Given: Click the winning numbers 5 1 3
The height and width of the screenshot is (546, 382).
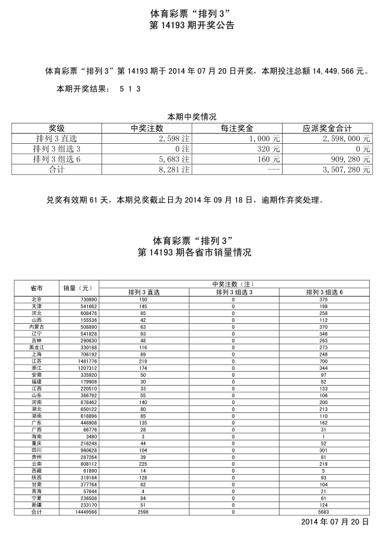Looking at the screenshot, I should click(130, 89).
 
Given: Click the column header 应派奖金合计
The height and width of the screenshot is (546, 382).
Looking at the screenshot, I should click(328, 127).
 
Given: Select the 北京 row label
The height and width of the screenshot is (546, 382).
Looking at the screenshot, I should click(36, 299).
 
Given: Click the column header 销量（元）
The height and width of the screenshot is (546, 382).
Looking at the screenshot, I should click(79, 288).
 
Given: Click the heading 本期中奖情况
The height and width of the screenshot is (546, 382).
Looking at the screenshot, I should click(192, 117).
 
